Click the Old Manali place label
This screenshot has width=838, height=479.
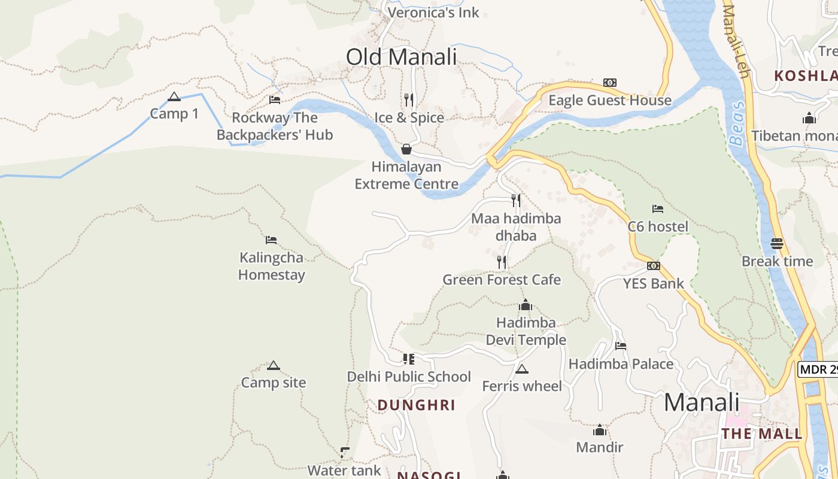[401, 57]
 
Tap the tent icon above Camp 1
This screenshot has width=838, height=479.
[174, 97]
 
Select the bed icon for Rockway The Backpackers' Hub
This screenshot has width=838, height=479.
[275, 100]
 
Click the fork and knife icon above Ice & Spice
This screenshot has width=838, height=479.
[409, 99]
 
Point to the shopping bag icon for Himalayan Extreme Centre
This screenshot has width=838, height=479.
[406, 149]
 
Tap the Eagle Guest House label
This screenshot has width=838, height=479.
[610, 100]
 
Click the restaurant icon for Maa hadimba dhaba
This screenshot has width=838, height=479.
[516, 201]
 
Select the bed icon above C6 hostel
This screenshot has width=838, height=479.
[658, 209]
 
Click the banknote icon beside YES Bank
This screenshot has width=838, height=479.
[654, 266]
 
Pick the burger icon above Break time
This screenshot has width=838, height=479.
[777, 244]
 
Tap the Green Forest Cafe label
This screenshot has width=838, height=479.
[502, 280]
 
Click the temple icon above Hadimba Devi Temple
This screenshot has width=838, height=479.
[526, 305]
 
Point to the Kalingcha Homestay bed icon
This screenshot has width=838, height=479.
[271, 240]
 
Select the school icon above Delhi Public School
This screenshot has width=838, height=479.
[409, 359]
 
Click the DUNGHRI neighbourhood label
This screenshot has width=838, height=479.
[417, 405]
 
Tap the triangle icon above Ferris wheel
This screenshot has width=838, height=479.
[522, 369]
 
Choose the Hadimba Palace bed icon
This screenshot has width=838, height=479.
[621, 346]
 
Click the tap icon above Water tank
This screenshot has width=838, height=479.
[344, 453]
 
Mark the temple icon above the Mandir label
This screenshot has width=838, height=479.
[600, 430]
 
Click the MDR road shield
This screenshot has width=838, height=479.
[818, 369]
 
